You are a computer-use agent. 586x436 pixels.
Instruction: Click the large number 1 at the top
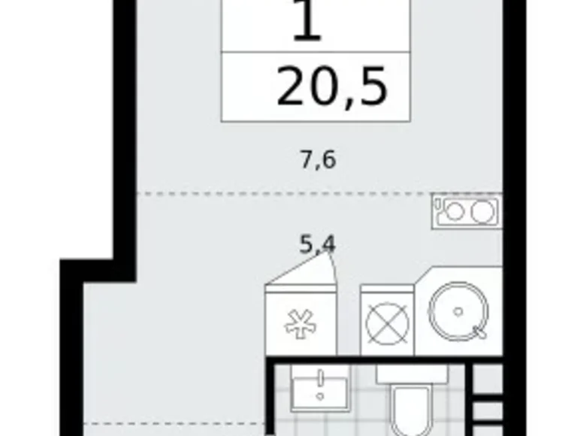pyautogui.click(x=307, y=23)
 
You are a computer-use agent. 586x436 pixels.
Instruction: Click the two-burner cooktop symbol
pyautogui.click(x=467, y=211)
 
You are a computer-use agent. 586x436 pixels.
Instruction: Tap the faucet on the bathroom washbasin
pyautogui.click(x=320, y=376)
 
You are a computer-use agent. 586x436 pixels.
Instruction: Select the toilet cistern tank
pyautogui.click(x=411, y=374)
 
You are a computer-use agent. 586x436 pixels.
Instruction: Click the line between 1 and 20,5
pyautogui.click(x=316, y=53)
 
